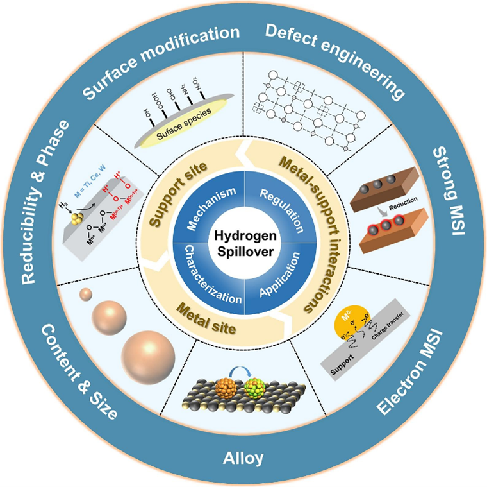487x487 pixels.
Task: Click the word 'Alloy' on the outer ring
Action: [x=244, y=458]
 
